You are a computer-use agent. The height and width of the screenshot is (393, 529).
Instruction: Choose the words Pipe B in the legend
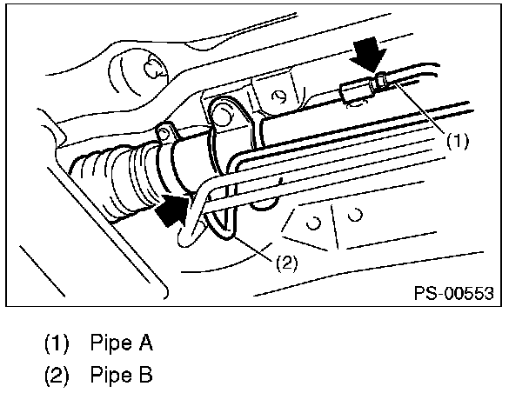(x=121, y=376)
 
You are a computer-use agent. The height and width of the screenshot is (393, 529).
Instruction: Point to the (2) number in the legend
(x=57, y=376)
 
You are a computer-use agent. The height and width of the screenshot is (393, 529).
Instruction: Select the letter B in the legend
(x=145, y=376)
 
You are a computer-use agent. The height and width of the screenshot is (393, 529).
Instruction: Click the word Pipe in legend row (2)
(x=109, y=376)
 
